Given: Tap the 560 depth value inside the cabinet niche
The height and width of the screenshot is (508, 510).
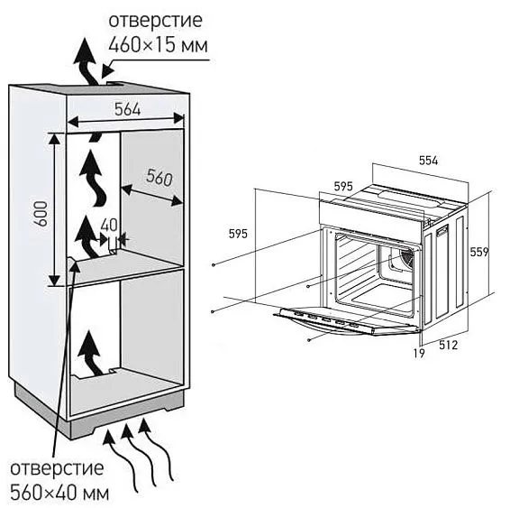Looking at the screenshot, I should [158, 180].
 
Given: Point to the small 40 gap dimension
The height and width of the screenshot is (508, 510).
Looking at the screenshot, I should [111, 225].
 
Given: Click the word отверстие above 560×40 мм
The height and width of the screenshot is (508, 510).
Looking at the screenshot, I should [58, 470].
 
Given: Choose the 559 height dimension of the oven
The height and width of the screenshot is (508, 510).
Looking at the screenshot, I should [482, 254].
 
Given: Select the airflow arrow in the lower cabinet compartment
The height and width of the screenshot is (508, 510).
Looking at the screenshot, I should [90, 353].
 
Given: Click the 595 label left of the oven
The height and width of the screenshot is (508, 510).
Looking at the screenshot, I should [238, 234].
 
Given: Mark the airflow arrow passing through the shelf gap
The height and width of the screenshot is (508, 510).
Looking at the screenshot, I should [87, 238].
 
